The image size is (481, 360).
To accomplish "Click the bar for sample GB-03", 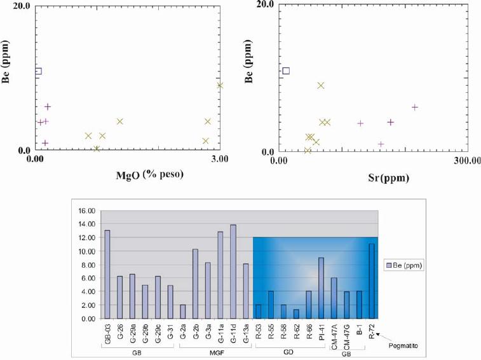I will coord(107,274).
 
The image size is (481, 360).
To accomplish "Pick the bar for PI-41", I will coord(322,287).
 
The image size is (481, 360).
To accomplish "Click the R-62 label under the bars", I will coord(296,332).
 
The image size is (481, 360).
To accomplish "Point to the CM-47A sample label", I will coord(334,335).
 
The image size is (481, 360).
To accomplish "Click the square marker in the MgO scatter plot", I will coord(37,71).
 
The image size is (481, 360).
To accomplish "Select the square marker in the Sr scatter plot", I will coord(285,71).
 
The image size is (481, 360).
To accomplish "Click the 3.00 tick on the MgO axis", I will coord(219,160).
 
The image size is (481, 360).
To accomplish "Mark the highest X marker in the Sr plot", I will coord(321,85).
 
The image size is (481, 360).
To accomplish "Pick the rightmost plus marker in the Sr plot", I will coord(415,107).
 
